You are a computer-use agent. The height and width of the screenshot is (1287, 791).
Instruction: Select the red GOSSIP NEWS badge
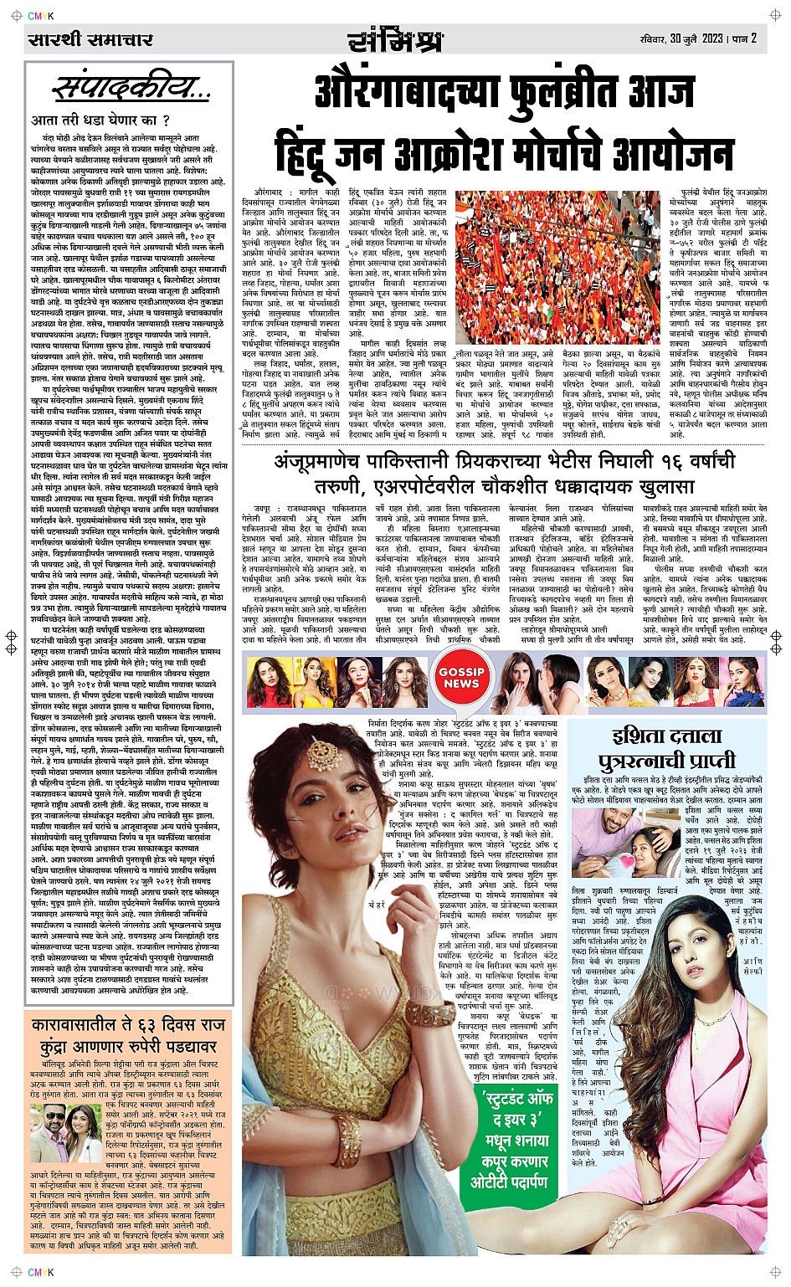[x=461, y=678]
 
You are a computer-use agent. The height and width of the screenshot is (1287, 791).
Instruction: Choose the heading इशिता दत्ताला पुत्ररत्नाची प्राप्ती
[x=666, y=749]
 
